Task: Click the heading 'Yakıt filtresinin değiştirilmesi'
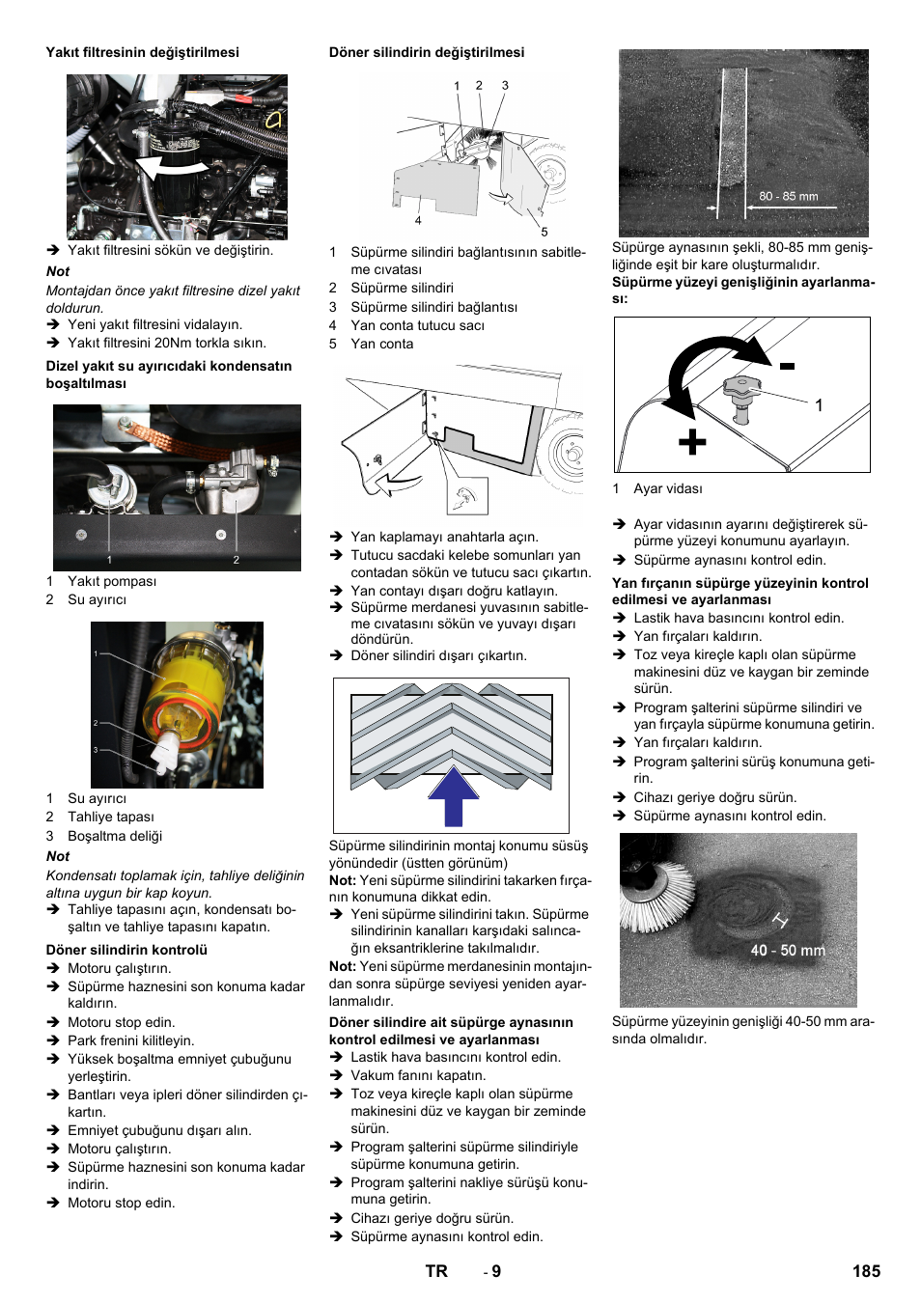tap(142, 52)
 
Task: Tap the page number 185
tap(865, 1271)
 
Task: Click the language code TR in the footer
tap(436, 1271)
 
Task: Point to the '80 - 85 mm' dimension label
tap(788, 196)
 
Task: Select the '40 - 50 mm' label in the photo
tap(788, 951)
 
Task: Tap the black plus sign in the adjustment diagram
tap(691, 442)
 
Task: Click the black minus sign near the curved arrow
tap(787, 366)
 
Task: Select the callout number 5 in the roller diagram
tap(544, 232)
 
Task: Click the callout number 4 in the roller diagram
tap(418, 221)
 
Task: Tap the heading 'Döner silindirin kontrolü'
tap(126, 950)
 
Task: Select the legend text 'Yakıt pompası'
tap(112, 581)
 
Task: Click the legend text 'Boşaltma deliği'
tap(115, 836)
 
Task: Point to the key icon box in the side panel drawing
tap(467, 496)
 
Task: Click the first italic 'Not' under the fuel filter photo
tap(58, 271)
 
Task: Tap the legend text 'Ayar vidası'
tap(668, 488)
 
